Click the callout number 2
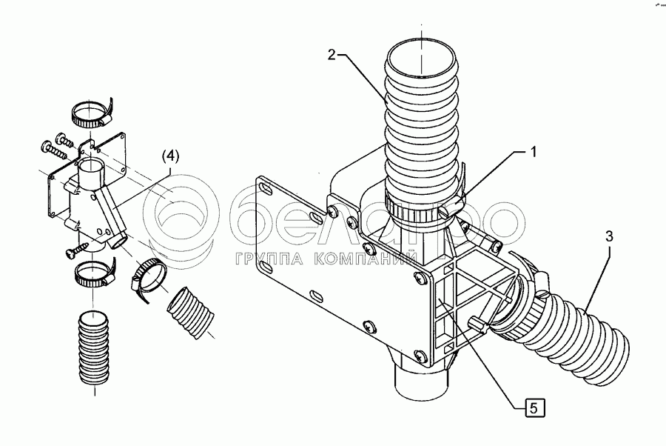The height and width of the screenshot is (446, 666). (x=333, y=54)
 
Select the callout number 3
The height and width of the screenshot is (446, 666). (x=608, y=237)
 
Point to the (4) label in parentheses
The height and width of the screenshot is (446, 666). (x=170, y=156)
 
